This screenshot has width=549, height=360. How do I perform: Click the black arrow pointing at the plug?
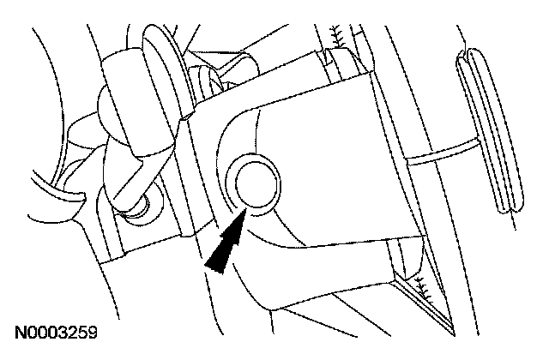tap(226, 243)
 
